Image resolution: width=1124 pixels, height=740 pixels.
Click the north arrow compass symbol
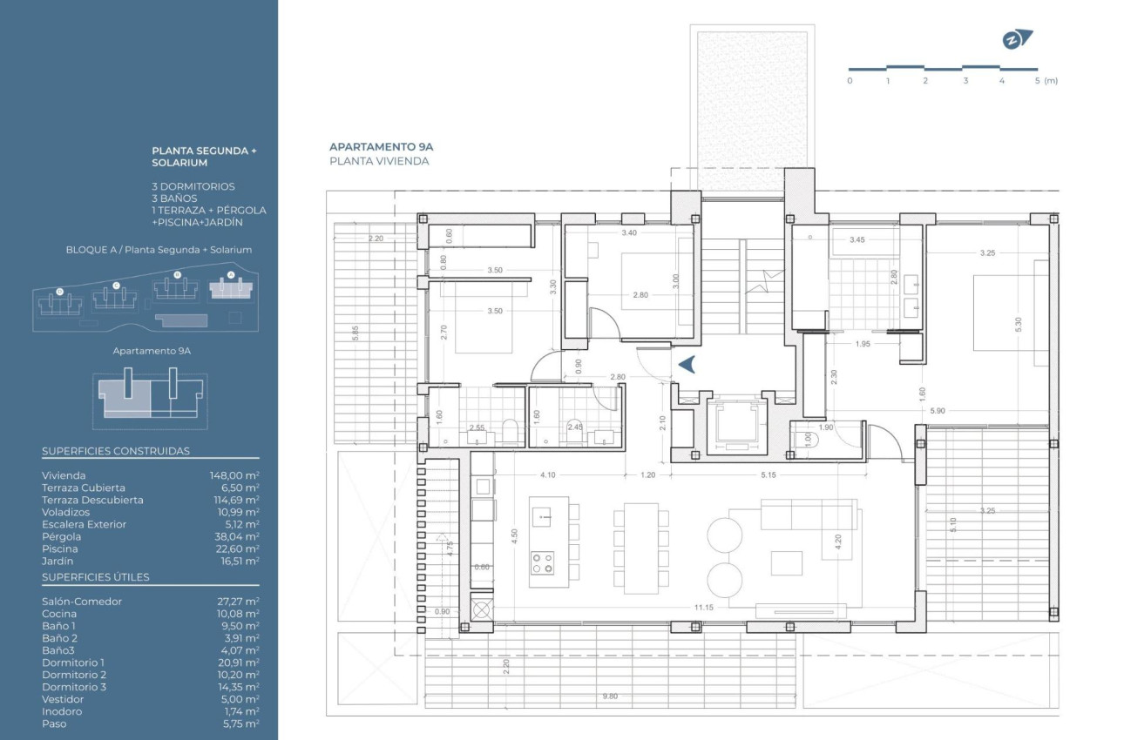point(1015,39)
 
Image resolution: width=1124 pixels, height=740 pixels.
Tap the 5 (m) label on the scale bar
point(1045,81)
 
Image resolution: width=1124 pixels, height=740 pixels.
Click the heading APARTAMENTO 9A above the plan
point(381,147)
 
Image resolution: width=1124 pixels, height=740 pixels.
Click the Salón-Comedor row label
point(82,602)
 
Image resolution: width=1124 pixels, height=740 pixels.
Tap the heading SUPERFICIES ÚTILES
point(96,577)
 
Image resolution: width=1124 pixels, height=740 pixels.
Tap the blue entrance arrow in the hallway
point(686,365)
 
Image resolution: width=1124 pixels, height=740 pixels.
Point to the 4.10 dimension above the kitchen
point(547,475)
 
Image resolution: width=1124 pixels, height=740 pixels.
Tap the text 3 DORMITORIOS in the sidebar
point(193,186)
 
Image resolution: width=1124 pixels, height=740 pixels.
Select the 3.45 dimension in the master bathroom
point(857,239)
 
